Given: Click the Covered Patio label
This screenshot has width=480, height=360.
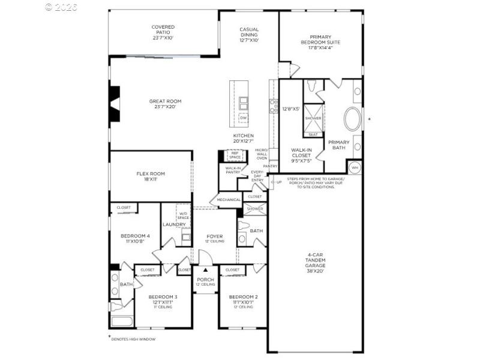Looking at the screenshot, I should tap(163, 32).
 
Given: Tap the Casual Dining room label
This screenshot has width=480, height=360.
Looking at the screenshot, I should tap(249, 35).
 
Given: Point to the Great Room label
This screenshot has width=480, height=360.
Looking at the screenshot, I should tap(165, 104).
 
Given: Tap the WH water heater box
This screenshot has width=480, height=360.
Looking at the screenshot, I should tap(355, 167).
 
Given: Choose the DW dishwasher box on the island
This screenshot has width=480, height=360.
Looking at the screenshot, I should tap(243, 118).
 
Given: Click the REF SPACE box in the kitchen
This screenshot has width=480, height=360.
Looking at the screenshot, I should tap(235, 155).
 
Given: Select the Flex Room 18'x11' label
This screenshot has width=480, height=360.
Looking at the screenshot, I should tap(150, 176).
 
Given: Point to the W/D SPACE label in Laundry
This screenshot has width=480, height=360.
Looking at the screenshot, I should tap(184, 215).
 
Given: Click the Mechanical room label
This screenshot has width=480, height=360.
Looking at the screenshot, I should tap(229, 200).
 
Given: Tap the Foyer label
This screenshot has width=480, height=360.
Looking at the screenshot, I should tap(215, 238).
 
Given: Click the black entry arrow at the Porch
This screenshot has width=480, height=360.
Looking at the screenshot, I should tap(205, 271).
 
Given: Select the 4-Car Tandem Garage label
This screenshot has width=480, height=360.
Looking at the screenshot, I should tap(316, 262).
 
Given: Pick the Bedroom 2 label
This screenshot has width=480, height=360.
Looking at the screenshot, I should tap(243, 299).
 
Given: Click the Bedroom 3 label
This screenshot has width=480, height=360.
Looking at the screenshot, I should tap(163, 299).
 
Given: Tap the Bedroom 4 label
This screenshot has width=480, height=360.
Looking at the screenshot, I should tap(135, 238).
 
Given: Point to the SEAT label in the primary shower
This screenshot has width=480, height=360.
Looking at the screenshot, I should tap(313, 134).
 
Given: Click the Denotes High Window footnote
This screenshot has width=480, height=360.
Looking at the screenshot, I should tap(133, 339).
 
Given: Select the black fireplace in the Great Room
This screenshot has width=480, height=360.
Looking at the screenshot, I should tap(114, 100).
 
